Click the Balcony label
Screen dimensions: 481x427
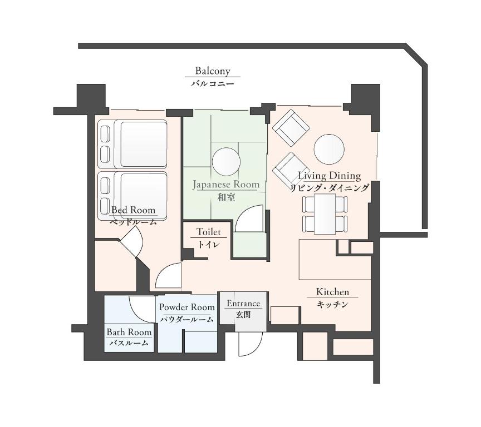coord(213,71)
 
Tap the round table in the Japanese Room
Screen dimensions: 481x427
coord(226,162)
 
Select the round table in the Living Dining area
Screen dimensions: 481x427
coord(329,150)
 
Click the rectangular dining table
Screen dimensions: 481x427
coord(325,214)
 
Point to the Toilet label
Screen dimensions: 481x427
coord(209,232)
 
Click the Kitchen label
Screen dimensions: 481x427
coord(332,291)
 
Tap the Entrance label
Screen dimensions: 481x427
coord(243,304)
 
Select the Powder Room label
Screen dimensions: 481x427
coord(187,307)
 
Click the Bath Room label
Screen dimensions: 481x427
coord(129,332)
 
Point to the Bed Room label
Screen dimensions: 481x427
coord(133,210)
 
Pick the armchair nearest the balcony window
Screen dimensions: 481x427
coord(291,128)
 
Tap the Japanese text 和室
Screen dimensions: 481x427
coord(226,197)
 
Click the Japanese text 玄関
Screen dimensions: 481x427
coord(243,315)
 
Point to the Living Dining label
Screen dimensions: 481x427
coord(330,176)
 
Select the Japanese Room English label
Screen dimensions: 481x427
coord(226,185)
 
